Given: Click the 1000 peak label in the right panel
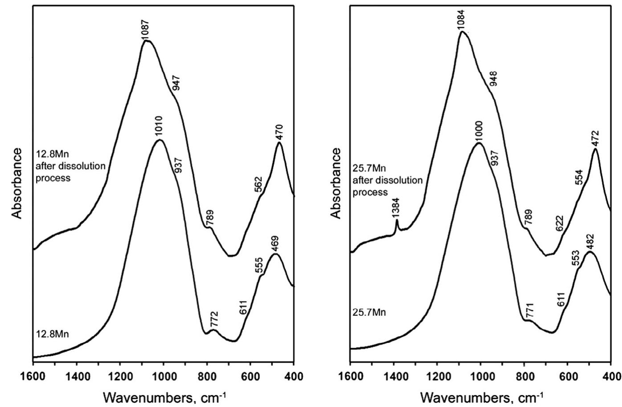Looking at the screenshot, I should pyautogui.click(x=479, y=131).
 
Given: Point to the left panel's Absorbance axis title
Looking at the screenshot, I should pyautogui.click(x=16, y=183).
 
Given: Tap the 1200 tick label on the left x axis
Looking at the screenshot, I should pyautogui.click(x=120, y=377).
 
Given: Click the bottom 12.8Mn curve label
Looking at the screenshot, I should pyautogui.click(x=52, y=334).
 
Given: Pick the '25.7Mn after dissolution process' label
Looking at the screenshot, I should pyautogui.click(x=387, y=181).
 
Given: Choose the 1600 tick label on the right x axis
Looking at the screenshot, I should pyautogui.click(x=350, y=377).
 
